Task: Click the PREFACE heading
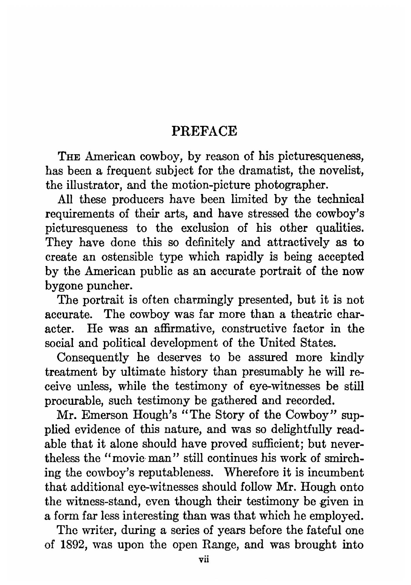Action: (204, 131)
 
